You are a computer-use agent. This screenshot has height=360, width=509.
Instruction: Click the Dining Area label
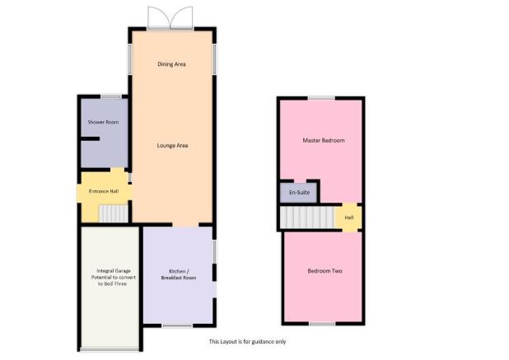click(x=171, y=64)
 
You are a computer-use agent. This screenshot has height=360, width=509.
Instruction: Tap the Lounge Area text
click(x=172, y=146)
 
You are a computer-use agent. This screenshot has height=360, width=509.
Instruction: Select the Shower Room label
click(x=103, y=122)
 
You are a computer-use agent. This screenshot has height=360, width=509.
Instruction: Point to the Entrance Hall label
click(x=104, y=191)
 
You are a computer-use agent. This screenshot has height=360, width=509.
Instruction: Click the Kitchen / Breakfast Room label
click(x=179, y=274)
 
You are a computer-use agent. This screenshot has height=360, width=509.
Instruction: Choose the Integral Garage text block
click(x=113, y=278)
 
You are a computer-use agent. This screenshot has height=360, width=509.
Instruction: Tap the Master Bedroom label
click(x=324, y=140)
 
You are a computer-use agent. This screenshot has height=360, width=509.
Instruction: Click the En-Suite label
click(x=299, y=192)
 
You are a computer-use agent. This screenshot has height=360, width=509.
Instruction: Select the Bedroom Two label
click(x=325, y=271)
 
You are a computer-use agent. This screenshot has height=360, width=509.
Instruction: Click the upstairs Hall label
click(x=349, y=217)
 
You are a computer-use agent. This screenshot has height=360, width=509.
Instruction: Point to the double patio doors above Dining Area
click(x=170, y=18)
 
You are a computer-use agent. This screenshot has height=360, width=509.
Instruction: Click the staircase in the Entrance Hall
click(x=114, y=213)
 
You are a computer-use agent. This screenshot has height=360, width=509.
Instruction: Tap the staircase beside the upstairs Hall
click(x=307, y=217)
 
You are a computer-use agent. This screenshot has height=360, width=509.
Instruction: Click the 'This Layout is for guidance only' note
click(x=247, y=342)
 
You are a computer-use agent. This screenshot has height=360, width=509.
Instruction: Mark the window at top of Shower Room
click(x=111, y=96)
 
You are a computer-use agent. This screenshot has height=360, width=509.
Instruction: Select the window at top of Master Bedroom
click(x=321, y=98)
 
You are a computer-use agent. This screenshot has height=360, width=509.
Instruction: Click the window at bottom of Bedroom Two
click(x=322, y=324)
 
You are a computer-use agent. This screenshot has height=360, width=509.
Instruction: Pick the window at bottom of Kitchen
click(x=178, y=325)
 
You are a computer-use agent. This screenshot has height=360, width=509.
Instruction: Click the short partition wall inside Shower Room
click(x=90, y=139)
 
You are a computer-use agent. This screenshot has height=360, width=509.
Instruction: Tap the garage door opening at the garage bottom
click(x=110, y=349)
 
